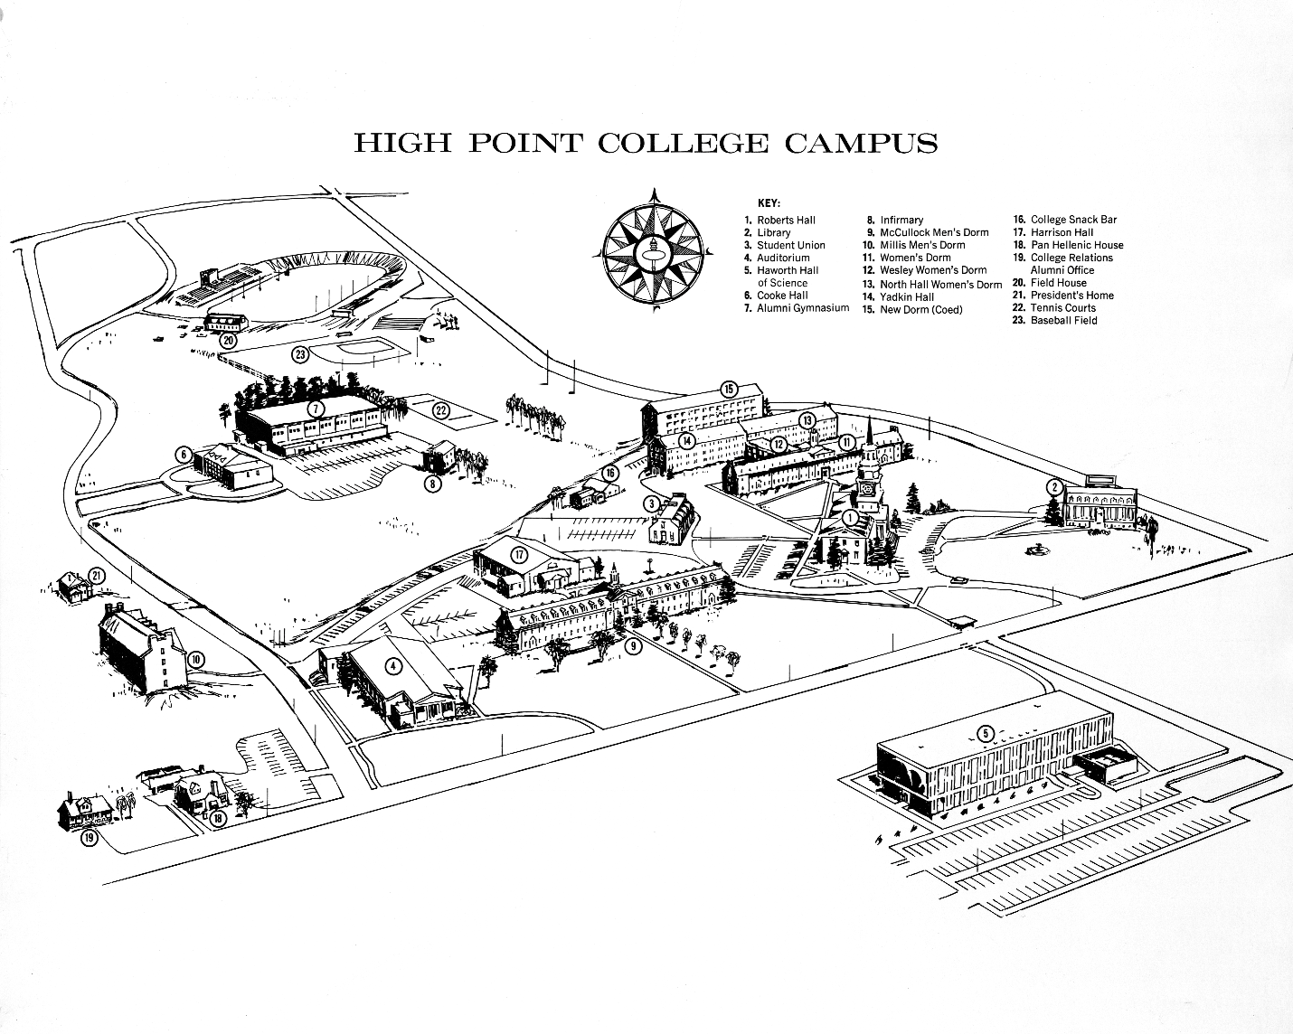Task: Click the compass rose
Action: coord(653,251)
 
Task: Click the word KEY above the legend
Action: coord(769,203)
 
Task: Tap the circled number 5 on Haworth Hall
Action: coord(986,733)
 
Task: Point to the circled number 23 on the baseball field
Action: coord(300,353)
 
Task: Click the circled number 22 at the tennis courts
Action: coord(441,410)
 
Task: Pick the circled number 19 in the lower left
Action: coord(90,838)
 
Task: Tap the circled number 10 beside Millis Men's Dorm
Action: coord(196,658)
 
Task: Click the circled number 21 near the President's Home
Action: coord(97,576)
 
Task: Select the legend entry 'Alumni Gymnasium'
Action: coord(803,308)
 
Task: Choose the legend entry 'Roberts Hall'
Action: coord(786,220)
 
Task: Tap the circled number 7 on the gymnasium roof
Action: coord(315,409)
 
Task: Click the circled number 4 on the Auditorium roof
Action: coord(392,667)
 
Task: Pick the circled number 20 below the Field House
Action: coord(228,341)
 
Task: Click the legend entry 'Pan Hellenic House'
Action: coord(1077,245)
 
